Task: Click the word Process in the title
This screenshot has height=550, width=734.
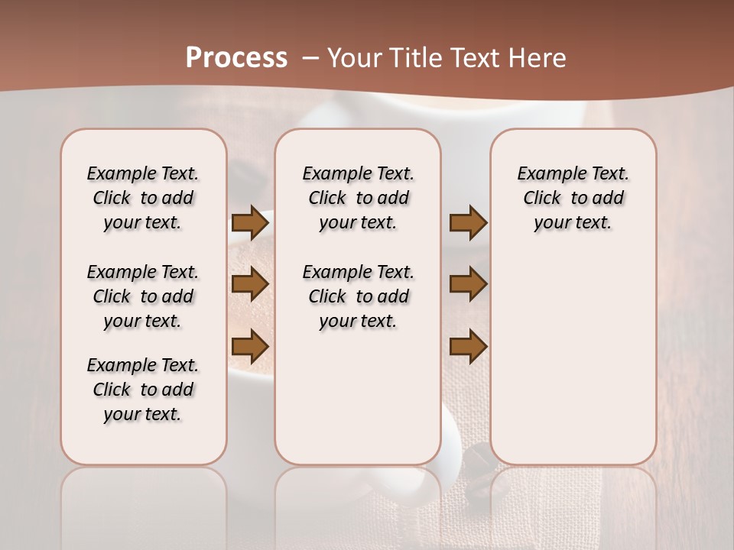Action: tap(236, 58)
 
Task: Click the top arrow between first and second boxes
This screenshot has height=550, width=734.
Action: tap(250, 223)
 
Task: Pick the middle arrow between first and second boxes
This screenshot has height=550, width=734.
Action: tap(250, 284)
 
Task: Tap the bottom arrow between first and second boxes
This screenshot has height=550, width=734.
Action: tap(250, 346)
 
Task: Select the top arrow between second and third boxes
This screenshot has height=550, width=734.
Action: tap(468, 223)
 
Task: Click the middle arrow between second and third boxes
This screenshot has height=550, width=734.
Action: tap(468, 284)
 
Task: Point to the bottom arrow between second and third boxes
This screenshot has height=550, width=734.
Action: tap(468, 346)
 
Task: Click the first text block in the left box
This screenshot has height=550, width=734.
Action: tap(143, 198)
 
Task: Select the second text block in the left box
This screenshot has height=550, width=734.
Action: tap(143, 296)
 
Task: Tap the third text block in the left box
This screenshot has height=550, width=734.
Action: tap(143, 390)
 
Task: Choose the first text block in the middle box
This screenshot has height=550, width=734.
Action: tap(359, 198)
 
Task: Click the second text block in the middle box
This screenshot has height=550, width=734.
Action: tap(359, 296)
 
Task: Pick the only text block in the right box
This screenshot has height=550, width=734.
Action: tap(573, 198)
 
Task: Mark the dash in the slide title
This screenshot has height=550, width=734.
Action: tap(310, 58)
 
